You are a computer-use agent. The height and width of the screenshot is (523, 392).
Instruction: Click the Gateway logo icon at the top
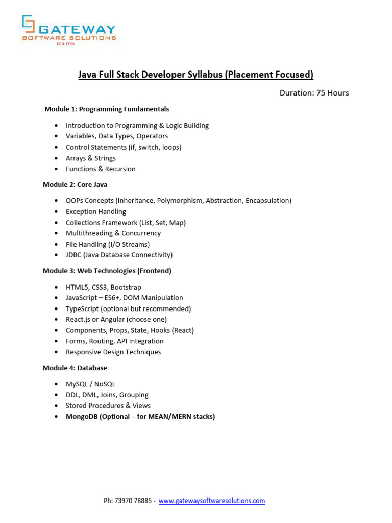(29, 27)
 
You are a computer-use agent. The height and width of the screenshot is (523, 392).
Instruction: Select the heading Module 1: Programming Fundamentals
(107, 109)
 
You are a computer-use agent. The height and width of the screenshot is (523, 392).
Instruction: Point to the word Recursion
(120, 169)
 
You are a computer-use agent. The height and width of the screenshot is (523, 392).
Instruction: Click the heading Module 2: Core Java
(75, 185)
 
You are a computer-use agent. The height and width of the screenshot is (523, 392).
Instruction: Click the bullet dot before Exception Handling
(56, 212)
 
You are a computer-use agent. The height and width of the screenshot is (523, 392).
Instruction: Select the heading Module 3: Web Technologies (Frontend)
(107, 271)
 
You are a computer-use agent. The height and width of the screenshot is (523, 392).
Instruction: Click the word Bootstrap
(126, 287)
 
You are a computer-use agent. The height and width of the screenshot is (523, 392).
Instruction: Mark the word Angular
(113, 320)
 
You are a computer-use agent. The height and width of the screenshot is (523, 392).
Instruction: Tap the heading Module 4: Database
(75, 368)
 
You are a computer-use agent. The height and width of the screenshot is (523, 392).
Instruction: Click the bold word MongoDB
(81, 417)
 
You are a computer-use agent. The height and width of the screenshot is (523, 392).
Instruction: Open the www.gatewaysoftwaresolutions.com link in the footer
(212, 501)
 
